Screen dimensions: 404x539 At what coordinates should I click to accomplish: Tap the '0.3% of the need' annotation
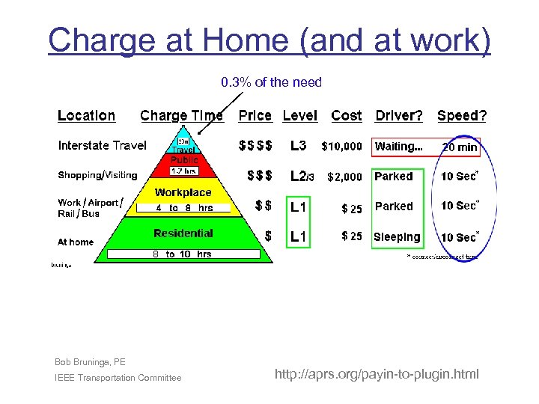pos(271,82)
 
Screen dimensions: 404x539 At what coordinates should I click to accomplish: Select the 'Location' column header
pos(87,116)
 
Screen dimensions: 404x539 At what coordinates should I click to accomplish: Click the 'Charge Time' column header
pos(181,116)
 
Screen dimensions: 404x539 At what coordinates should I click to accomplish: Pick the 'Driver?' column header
pos(398,116)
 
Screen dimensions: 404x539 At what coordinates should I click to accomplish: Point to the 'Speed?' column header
pos(462,116)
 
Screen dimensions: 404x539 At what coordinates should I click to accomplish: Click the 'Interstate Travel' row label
pos(103,146)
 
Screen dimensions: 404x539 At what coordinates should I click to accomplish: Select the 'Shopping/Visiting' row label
pos(98,175)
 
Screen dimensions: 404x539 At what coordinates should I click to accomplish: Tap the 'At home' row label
pos(76,242)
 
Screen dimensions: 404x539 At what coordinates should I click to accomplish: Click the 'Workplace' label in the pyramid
pos(183,193)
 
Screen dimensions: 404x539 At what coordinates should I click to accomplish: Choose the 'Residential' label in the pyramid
pos(183,233)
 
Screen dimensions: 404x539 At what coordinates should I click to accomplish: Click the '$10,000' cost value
pos(341,147)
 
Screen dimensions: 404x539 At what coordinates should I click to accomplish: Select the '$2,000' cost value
pos(344,177)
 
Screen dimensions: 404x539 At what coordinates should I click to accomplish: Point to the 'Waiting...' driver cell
pos(398,147)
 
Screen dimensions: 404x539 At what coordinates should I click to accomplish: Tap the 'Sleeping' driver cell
pos(397,237)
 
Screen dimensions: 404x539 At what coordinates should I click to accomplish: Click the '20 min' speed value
pos(460,147)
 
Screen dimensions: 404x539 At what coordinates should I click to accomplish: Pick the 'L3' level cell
pos(298,146)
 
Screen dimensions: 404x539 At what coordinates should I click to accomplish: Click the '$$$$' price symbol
pos(255,146)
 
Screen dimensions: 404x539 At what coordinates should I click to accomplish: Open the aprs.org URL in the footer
pos(377,374)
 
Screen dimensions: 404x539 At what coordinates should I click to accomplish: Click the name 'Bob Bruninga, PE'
pos(90,362)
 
